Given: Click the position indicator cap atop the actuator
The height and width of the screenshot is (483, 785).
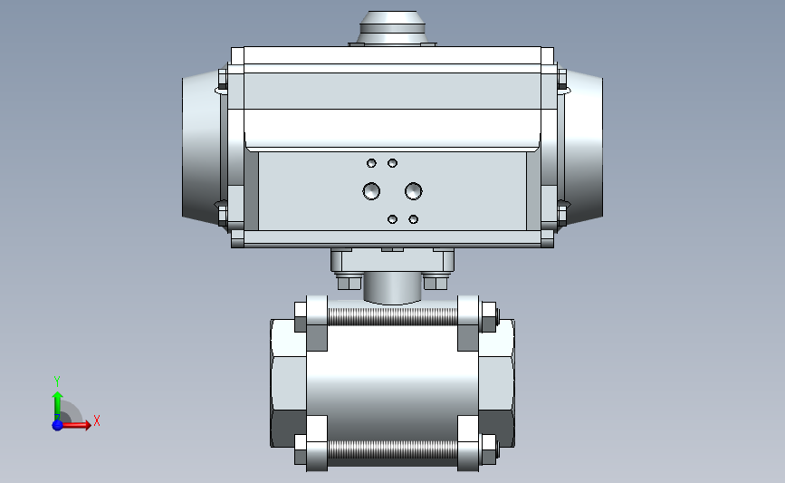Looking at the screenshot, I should click(x=393, y=27).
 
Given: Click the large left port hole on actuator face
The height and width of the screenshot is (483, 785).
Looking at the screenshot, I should click(x=371, y=191).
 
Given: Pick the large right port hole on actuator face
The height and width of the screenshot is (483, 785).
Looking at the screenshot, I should click(x=414, y=191).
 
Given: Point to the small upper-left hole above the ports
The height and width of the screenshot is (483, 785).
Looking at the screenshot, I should click(x=371, y=163).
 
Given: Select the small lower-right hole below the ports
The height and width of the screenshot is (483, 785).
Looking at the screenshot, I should click(x=414, y=219).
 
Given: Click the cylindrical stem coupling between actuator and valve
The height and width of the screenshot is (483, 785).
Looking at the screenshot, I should click(x=392, y=288).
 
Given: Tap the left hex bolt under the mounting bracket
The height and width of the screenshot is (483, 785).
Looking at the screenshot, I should click(x=348, y=282).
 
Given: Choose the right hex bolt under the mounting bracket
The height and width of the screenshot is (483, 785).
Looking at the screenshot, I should click(x=436, y=282).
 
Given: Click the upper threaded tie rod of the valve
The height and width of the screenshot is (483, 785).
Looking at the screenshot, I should click(x=392, y=316).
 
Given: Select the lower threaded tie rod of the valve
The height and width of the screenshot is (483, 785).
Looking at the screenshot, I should click(x=392, y=450).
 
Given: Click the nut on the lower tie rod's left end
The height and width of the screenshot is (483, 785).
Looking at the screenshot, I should click(x=300, y=448).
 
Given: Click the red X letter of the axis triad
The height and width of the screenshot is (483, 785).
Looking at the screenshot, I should click(x=96, y=420).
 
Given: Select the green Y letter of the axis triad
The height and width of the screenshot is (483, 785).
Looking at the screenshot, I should click(x=56, y=382).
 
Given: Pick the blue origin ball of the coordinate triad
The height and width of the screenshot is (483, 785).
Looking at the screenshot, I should click(x=57, y=424).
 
